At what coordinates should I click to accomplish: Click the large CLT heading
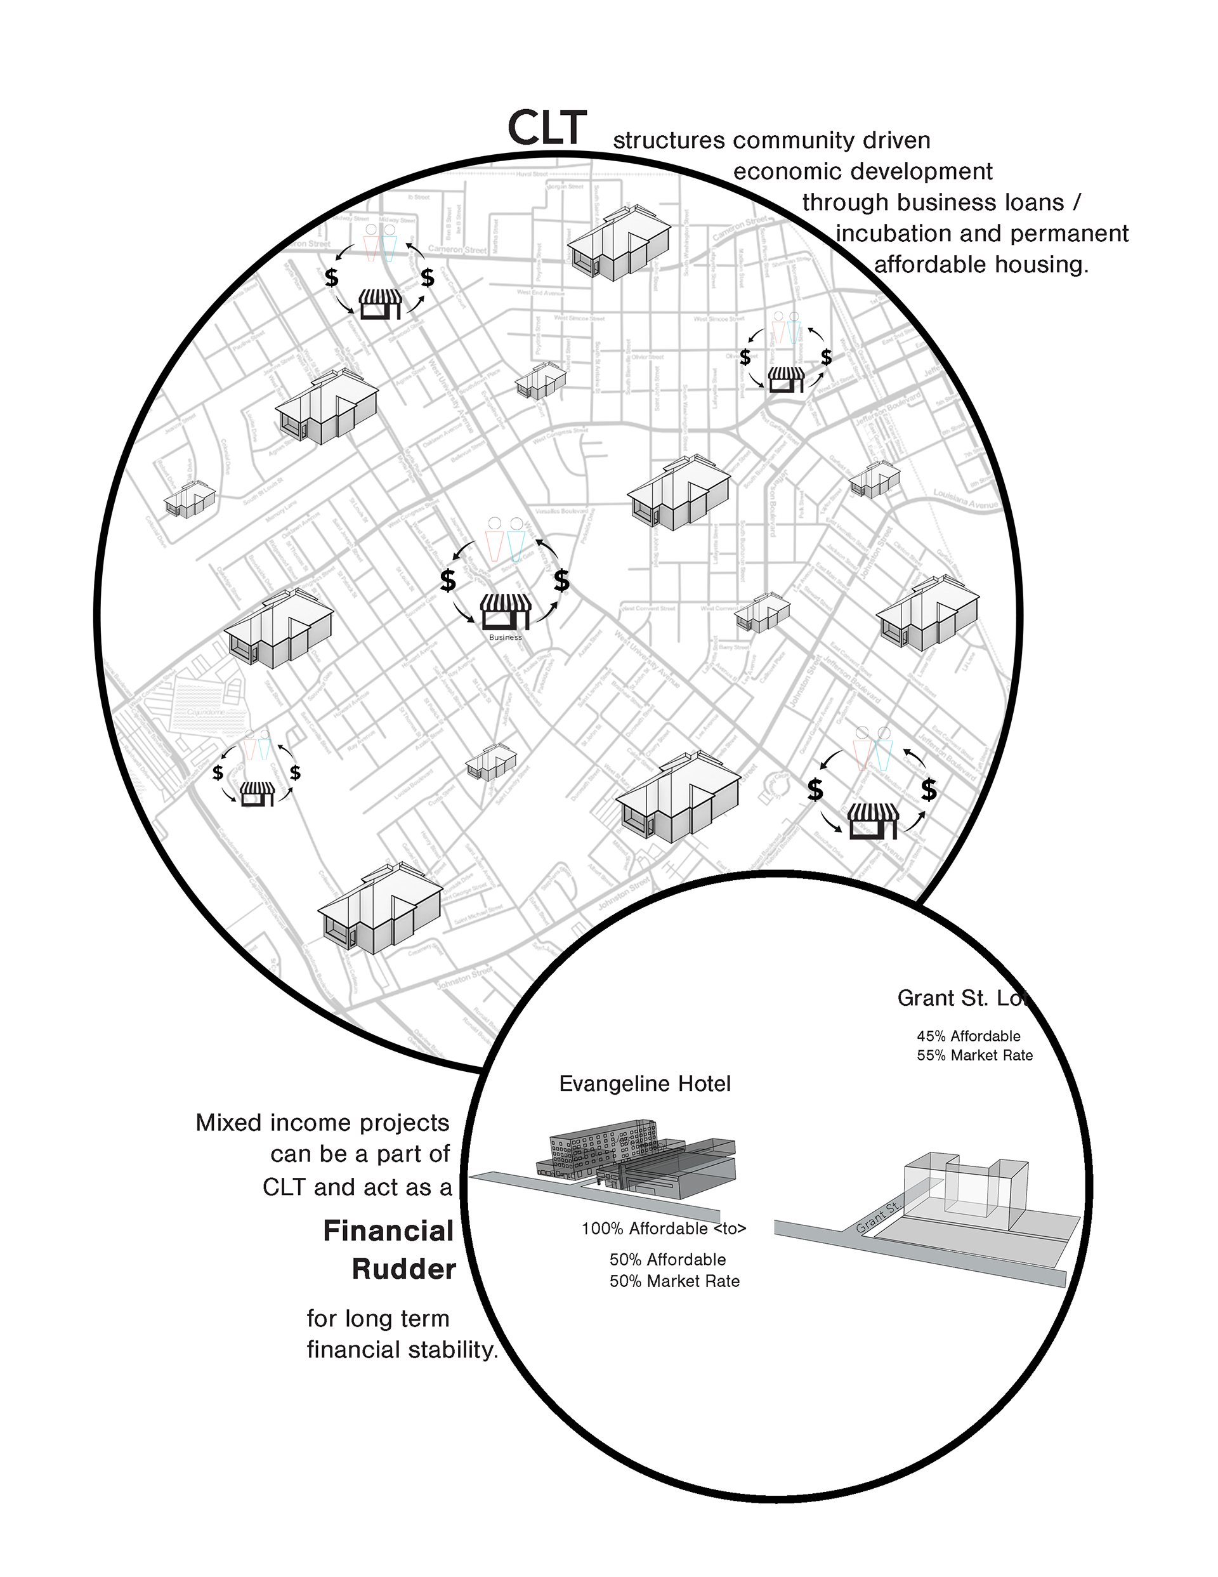click(x=547, y=129)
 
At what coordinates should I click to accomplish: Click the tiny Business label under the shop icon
click(x=505, y=638)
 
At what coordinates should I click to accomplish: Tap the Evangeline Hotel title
click(x=645, y=1084)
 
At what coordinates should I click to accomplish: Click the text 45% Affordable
click(x=968, y=1036)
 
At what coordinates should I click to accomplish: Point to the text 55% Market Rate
click(x=974, y=1055)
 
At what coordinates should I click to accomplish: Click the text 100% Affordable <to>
click(x=664, y=1228)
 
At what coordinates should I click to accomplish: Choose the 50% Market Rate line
click(x=674, y=1281)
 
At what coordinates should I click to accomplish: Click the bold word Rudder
click(x=403, y=1269)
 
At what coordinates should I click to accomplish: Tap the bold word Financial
click(x=388, y=1231)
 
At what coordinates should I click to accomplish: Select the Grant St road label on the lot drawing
click(x=878, y=1217)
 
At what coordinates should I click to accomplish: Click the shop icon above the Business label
click(x=506, y=611)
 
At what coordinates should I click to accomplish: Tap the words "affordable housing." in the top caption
click(x=981, y=265)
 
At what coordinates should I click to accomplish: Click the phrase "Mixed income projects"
click(x=322, y=1123)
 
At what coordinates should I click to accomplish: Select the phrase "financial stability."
click(x=402, y=1350)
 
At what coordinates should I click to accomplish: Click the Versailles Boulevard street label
click(x=561, y=510)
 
